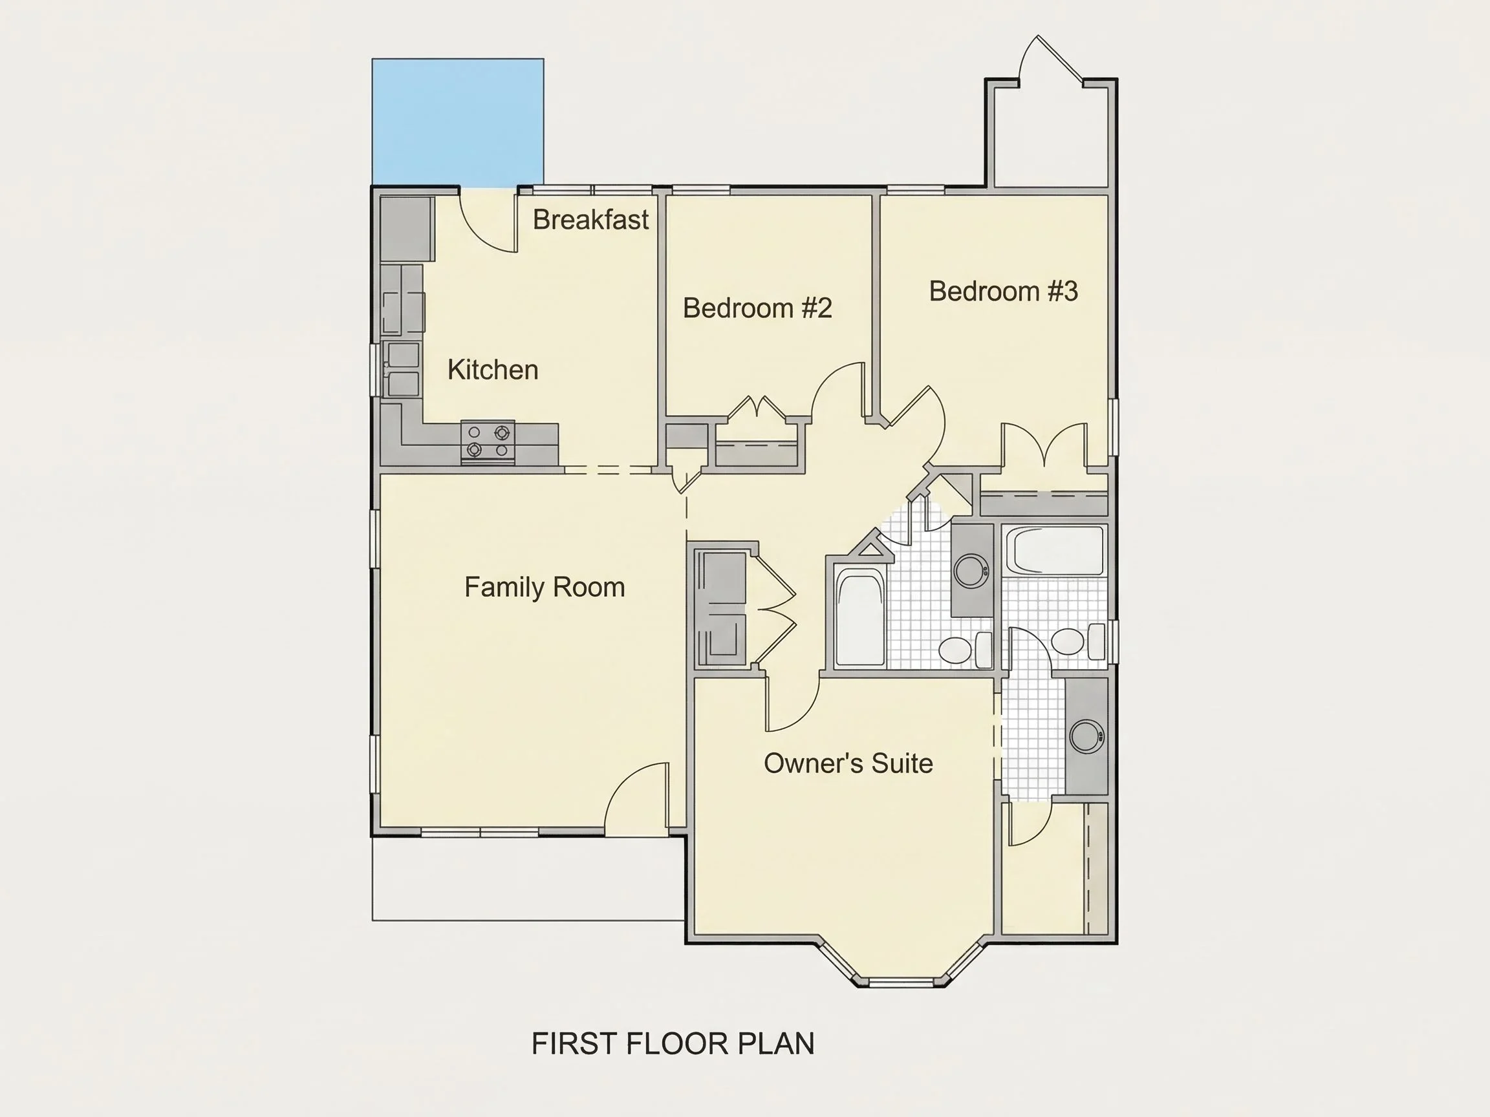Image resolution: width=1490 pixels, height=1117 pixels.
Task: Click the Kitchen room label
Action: click(x=492, y=370)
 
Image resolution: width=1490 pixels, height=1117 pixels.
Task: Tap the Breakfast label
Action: click(x=590, y=220)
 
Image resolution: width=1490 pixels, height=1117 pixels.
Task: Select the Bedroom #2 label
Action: click(x=757, y=308)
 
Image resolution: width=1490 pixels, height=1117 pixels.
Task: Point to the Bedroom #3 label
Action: click(x=1003, y=291)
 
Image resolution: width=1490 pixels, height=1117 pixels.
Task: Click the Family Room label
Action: click(x=545, y=587)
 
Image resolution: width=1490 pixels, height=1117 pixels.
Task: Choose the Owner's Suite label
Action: click(x=848, y=763)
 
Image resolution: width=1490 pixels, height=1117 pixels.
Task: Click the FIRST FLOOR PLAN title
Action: click(x=673, y=1043)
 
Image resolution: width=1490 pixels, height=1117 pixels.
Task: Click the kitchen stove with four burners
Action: click(x=488, y=441)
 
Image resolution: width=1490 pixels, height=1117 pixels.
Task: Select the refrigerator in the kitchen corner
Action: click(x=407, y=228)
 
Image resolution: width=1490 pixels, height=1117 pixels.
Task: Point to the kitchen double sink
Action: click(x=402, y=370)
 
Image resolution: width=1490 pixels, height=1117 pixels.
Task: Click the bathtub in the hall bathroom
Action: click(x=859, y=618)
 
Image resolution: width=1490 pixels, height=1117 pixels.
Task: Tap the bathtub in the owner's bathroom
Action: click(x=1054, y=551)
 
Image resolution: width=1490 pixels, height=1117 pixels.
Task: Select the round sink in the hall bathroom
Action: click(x=971, y=571)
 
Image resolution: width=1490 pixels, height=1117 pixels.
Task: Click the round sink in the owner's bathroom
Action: click(x=1086, y=736)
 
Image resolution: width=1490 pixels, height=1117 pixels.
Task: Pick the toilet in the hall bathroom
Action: click(x=966, y=650)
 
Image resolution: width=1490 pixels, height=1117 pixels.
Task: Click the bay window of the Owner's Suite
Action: click(x=902, y=970)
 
